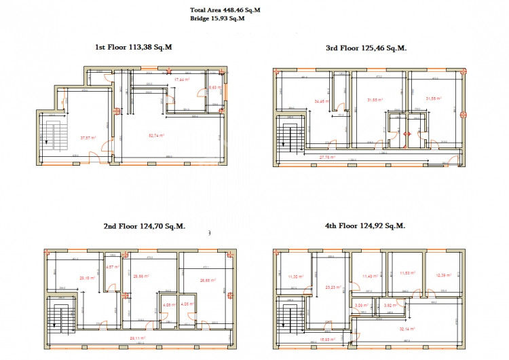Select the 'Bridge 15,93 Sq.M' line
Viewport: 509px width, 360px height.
pyautogui.click(x=218, y=18)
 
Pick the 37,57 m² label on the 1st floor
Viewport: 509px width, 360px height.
pyautogui.click(x=88, y=137)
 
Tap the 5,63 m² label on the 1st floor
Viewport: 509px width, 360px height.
pyautogui.click(x=213, y=88)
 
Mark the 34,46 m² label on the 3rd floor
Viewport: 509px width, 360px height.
pyautogui.click(x=320, y=102)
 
